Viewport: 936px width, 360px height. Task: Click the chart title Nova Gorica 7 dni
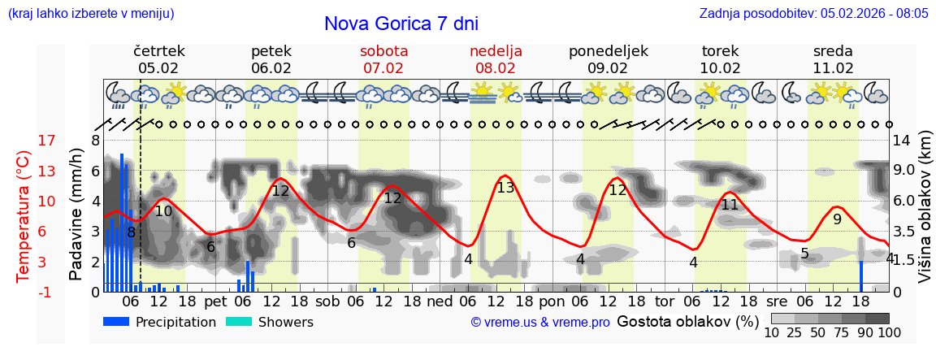[401, 24]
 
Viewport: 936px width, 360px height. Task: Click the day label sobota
[383, 51]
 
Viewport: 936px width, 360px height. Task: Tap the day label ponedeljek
[608, 51]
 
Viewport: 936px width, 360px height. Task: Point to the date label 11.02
[833, 68]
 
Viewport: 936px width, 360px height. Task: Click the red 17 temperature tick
[24, 141]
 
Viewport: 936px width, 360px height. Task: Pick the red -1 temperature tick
[24, 292]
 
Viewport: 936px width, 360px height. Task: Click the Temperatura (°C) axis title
[24, 217]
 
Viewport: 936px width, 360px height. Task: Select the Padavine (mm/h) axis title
[76, 215]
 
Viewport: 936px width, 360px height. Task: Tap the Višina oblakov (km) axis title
[925, 207]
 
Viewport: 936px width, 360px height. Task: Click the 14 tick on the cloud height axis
[901, 141]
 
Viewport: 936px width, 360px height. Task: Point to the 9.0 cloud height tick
[904, 171]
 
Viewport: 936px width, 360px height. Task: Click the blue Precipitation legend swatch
[116, 322]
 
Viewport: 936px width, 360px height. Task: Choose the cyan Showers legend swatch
[239, 322]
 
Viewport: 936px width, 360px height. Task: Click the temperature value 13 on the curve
[505, 188]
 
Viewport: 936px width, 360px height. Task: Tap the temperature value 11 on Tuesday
[730, 205]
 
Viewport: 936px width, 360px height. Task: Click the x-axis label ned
[440, 301]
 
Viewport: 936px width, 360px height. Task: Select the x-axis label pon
[552, 301]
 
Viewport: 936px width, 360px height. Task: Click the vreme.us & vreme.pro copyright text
[540, 323]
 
